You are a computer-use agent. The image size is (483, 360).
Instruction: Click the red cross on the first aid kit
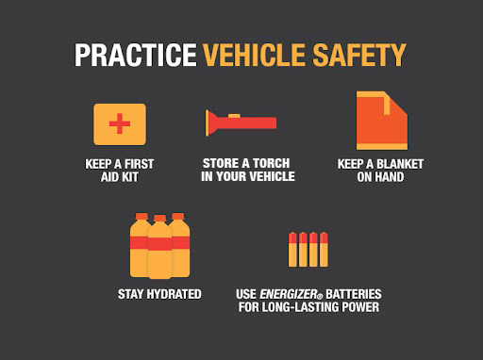[x=119, y=124]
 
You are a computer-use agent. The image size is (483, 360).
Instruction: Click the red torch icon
[x=241, y=123]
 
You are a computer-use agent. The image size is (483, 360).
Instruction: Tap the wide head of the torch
[x=212, y=123]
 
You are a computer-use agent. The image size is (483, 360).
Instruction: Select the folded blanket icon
[x=380, y=121]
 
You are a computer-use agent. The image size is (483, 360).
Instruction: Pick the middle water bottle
[x=159, y=247]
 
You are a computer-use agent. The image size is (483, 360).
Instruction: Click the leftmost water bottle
[x=141, y=244]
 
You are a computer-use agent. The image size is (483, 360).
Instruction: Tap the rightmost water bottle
[x=179, y=244]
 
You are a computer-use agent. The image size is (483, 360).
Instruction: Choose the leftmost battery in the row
[x=292, y=250]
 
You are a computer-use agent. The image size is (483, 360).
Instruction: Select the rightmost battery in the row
[x=324, y=250]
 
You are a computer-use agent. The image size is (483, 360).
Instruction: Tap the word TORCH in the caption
[x=274, y=164]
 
